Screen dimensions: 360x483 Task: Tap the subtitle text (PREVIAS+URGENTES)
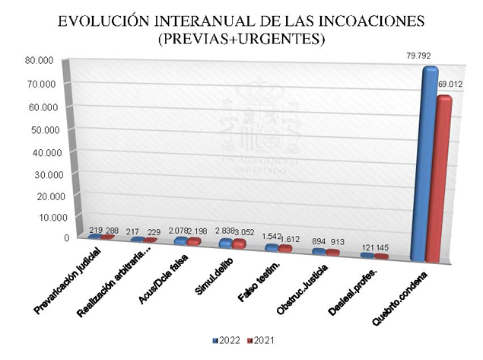[x=241, y=40]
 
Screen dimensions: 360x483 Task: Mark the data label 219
[x=96, y=230]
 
